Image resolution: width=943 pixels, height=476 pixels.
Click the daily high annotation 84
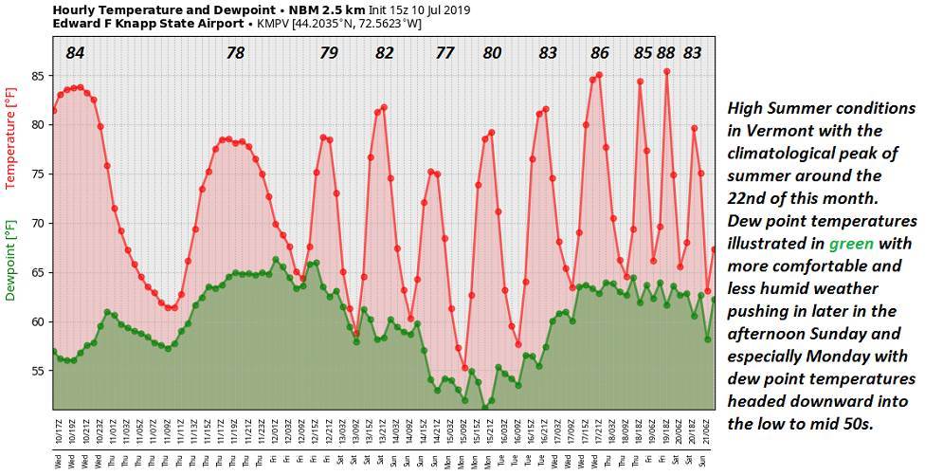point(76,53)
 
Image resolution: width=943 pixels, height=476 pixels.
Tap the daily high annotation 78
point(236,53)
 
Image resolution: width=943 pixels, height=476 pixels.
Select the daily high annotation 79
point(328,53)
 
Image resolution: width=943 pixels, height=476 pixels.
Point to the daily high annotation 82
point(384,53)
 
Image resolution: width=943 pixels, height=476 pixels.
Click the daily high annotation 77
point(445,53)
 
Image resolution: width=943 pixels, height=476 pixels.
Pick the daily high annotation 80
point(492,53)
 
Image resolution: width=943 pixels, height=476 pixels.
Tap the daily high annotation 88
point(666,53)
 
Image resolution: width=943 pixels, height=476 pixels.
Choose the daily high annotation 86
point(600,53)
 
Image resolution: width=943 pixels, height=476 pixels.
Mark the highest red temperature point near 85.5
point(667,71)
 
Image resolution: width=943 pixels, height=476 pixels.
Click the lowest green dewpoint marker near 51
point(485,409)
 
